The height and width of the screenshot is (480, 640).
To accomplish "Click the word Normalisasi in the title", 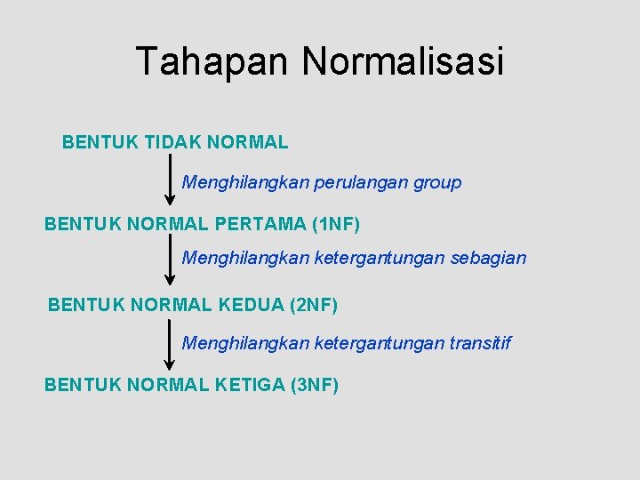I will [403, 62].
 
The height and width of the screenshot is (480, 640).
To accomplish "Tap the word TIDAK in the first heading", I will [174, 142].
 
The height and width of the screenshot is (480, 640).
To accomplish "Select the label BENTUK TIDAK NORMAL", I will [175, 142].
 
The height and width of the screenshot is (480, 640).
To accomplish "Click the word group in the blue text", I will [437, 183].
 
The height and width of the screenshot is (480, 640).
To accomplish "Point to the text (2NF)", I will [314, 305].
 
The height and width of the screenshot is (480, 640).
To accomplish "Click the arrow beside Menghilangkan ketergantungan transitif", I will [170, 343].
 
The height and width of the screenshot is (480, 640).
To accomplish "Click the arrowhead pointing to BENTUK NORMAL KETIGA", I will [170, 364].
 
